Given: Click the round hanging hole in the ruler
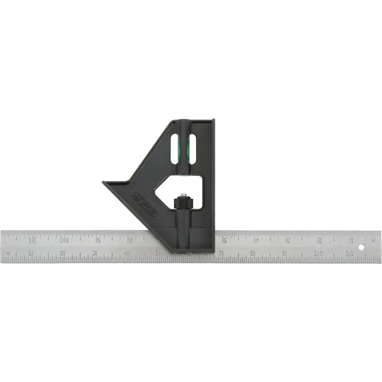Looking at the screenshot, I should (361, 247).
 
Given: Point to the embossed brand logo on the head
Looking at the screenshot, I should (144, 203).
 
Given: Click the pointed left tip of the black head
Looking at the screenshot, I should (105, 182).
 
